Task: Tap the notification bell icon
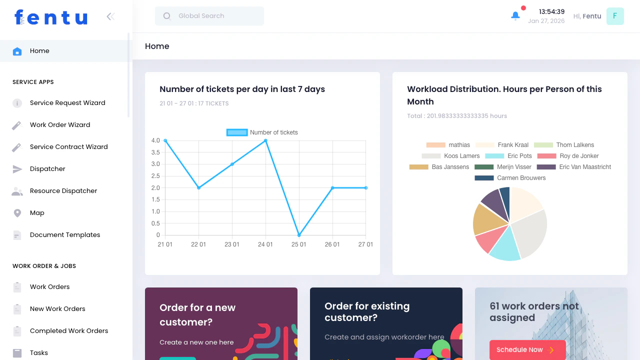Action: click(515, 16)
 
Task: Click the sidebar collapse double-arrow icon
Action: click(110, 16)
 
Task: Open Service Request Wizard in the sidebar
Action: click(67, 103)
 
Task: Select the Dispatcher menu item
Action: click(47, 169)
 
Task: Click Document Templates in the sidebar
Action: click(65, 235)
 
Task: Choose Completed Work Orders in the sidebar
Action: click(69, 331)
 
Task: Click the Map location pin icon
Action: click(17, 213)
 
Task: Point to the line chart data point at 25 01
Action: click(299, 235)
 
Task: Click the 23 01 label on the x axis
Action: click(232, 244)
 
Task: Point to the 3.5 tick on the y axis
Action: click(155, 152)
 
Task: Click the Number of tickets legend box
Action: click(237, 132)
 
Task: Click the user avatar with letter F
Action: click(615, 16)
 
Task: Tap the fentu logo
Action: click(51, 17)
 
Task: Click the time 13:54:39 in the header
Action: click(551, 11)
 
